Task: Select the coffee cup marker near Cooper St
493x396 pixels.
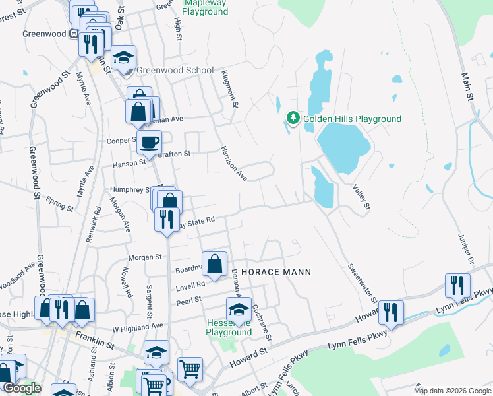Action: pyautogui.click(x=150, y=141)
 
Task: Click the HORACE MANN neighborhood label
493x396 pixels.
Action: pyautogui.click(x=275, y=272)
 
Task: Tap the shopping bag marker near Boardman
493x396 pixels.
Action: pyautogui.click(x=214, y=265)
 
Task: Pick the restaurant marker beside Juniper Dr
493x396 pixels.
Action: pyautogui.click(x=457, y=286)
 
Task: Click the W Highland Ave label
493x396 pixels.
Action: pyautogui.click(x=137, y=327)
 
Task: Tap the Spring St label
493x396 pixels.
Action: pyautogui.click(x=61, y=203)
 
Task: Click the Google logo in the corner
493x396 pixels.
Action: pyautogui.click(x=22, y=388)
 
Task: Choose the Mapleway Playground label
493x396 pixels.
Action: pyautogui.click(x=204, y=7)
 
